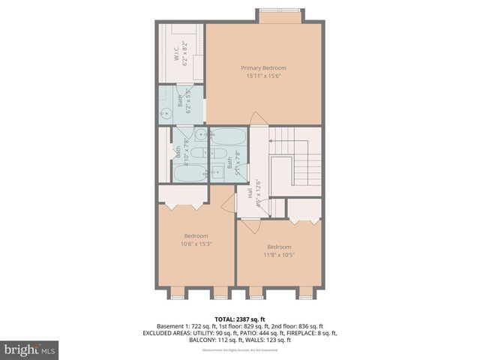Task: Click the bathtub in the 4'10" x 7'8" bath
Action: point(190,173)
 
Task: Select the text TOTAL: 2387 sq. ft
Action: point(240,319)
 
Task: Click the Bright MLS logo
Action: point(30,349)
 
